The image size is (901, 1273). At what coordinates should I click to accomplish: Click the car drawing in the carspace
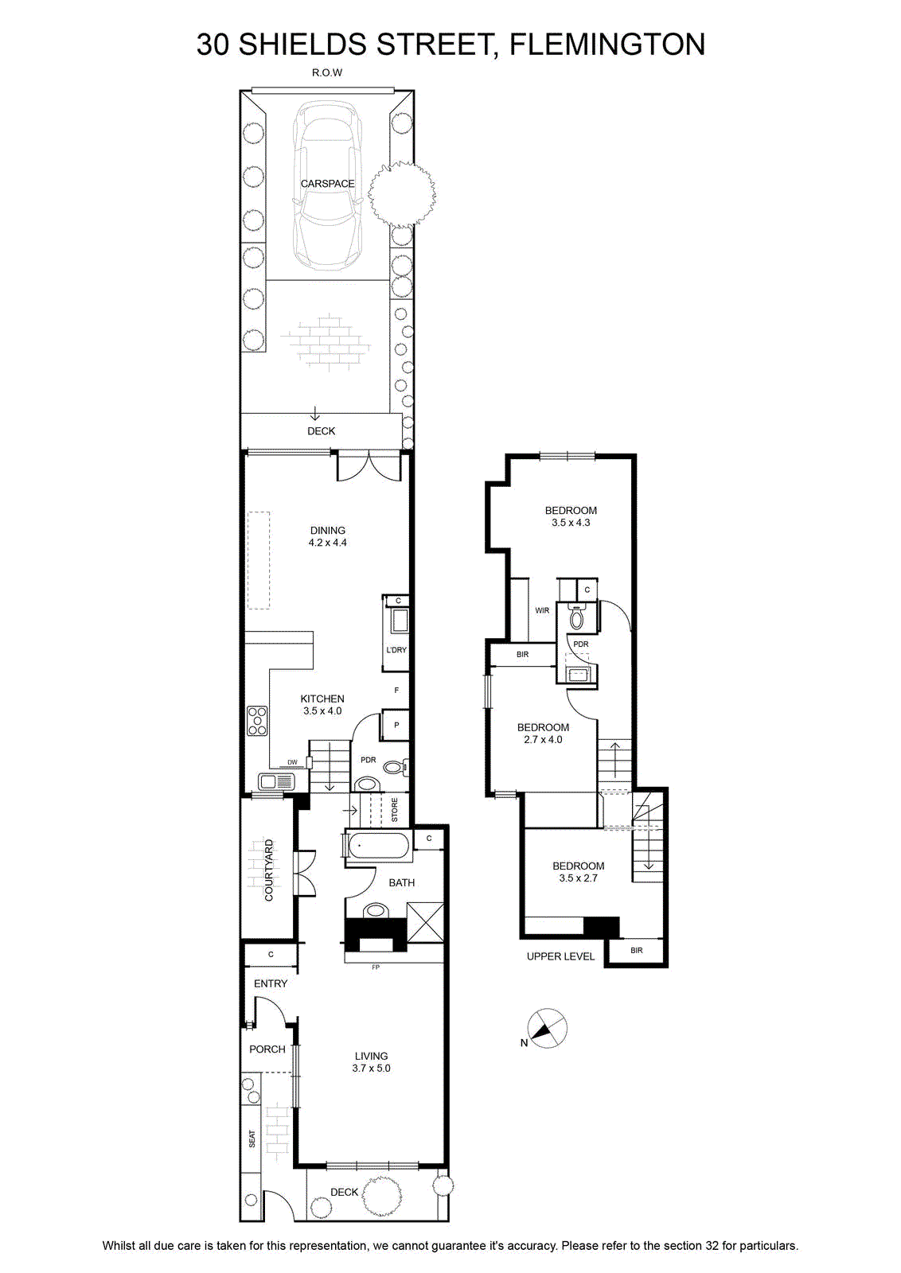click(x=327, y=185)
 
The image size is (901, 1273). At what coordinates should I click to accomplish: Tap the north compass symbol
click(x=547, y=1028)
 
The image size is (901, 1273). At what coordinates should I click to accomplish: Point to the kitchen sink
click(x=276, y=782)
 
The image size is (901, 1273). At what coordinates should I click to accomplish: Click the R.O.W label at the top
click(x=327, y=72)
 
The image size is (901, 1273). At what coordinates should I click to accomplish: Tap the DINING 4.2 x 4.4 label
click(x=327, y=536)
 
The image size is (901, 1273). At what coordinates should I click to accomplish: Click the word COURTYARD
click(x=269, y=870)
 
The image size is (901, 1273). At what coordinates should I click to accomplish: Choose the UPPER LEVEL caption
click(x=560, y=956)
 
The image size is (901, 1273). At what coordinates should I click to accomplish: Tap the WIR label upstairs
click(x=542, y=610)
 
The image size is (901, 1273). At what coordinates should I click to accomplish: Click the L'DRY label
click(x=396, y=649)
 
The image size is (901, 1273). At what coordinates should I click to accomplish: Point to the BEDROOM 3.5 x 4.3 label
click(x=571, y=516)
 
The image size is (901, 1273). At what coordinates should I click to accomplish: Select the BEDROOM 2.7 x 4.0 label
click(x=543, y=733)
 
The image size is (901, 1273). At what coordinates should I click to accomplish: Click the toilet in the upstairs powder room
click(x=576, y=617)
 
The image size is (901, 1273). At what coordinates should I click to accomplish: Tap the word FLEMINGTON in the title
click(x=607, y=45)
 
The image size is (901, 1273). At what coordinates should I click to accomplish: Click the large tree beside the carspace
click(x=402, y=194)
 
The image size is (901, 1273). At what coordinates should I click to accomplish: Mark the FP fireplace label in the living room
click(x=375, y=967)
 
